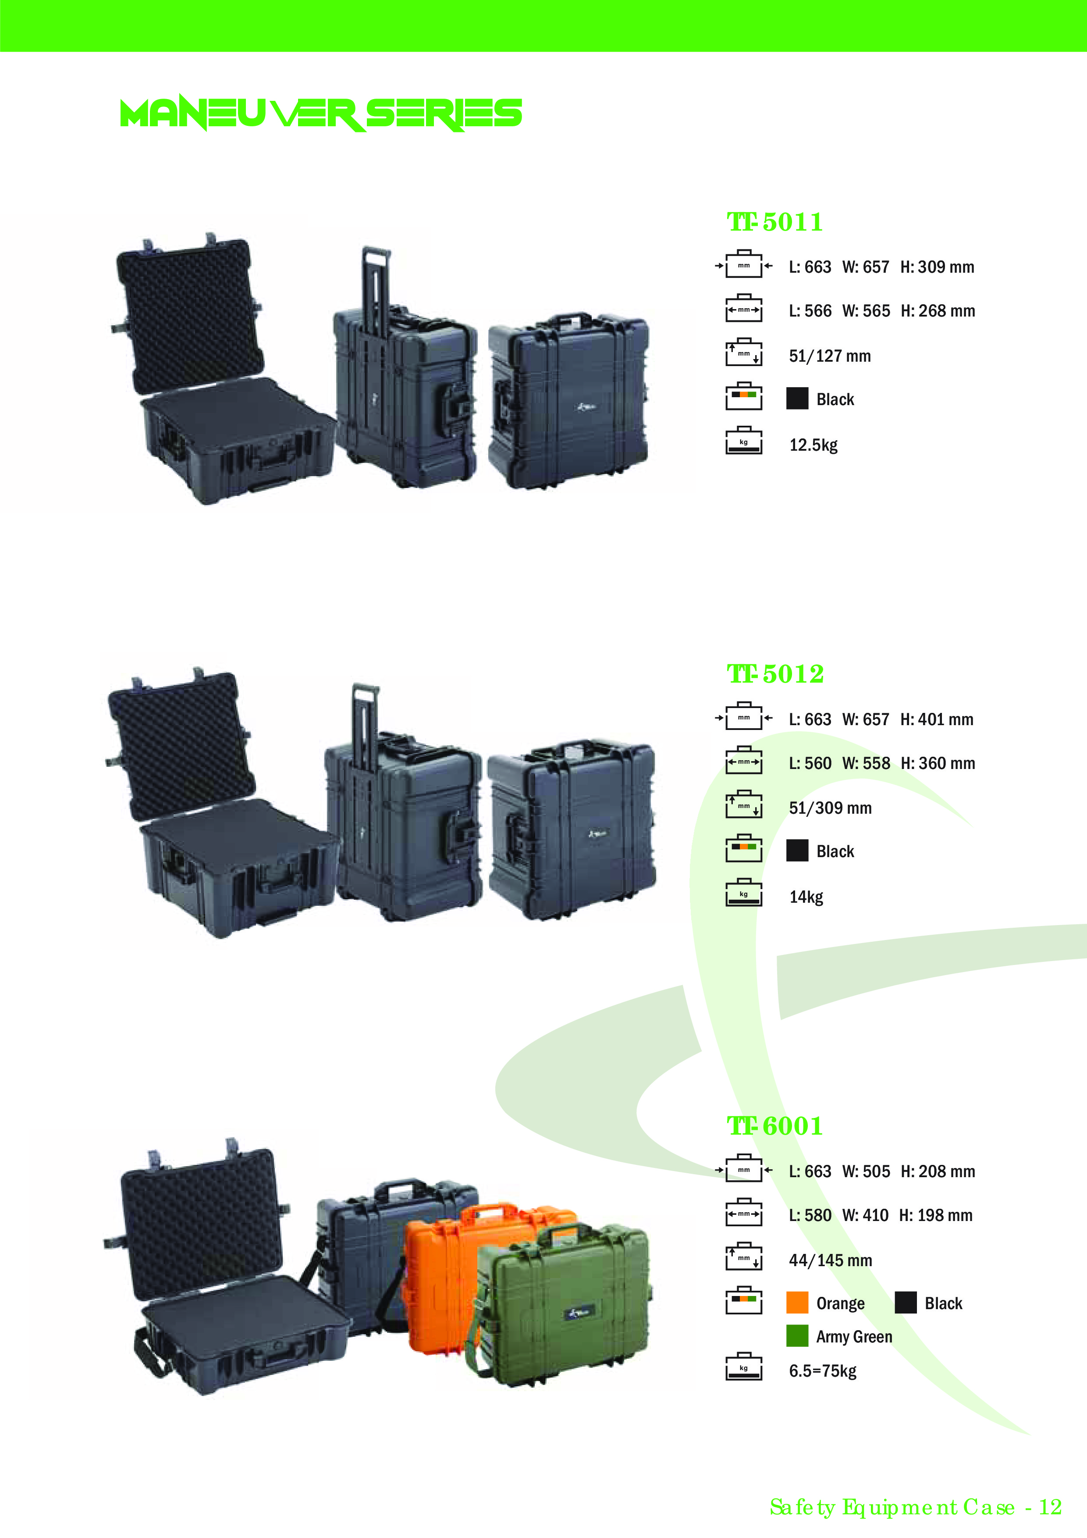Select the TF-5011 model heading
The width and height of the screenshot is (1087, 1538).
775,222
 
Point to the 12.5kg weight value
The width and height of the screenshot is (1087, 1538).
813,445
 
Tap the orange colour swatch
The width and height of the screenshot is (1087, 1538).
797,1303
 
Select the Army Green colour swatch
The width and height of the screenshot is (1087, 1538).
797,1336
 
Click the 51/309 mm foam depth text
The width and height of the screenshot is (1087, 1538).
830,808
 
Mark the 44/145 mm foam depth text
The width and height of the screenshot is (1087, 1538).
830,1260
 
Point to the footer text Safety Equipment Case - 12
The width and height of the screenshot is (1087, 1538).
915,1507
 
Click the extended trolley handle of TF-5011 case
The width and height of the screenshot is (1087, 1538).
375,281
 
